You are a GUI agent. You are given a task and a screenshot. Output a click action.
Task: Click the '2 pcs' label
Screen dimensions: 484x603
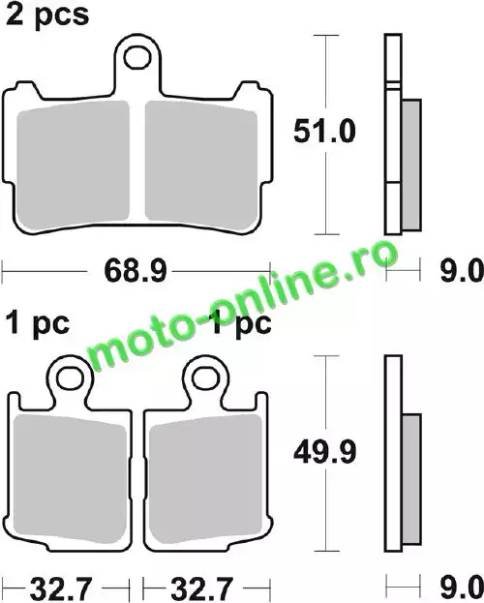pos(46,16)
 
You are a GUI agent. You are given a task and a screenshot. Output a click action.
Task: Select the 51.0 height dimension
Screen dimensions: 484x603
pos(324,132)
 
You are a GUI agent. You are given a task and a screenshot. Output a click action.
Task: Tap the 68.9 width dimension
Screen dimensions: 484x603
pos(136,271)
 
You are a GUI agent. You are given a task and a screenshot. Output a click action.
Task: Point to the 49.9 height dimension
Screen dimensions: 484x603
pos(324,452)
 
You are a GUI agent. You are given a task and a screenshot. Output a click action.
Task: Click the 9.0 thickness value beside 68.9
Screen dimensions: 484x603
pos(462,271)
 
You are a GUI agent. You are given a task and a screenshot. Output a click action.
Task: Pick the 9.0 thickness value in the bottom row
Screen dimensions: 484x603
pos(462,588)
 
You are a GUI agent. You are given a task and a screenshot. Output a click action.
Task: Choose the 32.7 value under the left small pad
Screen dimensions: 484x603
pos(61,588)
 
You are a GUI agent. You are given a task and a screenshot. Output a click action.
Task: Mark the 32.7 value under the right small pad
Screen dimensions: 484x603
pos(201,588)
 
